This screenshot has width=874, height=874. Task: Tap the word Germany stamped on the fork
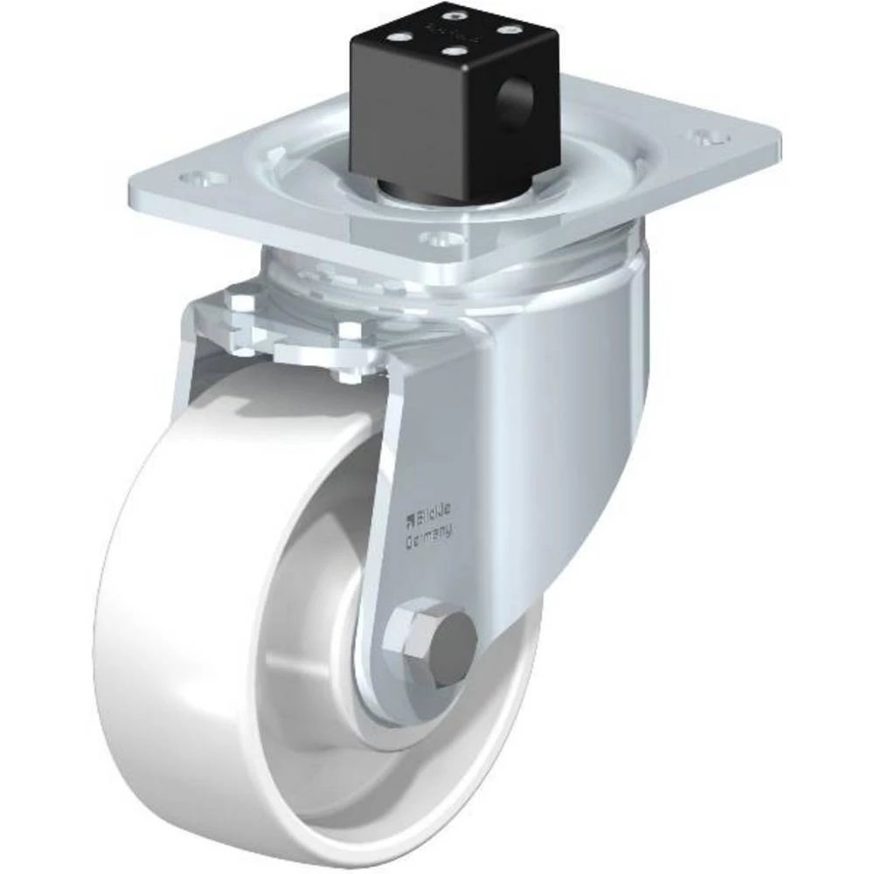click(428, 536)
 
